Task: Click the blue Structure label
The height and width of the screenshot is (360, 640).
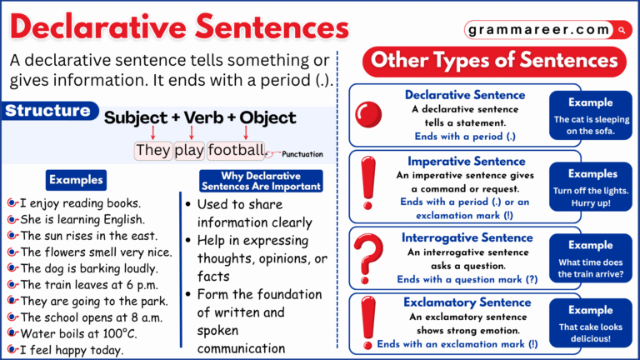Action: (48, 111)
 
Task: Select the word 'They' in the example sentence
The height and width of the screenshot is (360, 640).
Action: (153, 150)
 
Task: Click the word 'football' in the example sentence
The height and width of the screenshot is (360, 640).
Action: (236, 150)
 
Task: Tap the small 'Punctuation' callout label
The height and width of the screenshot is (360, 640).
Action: (302, 154)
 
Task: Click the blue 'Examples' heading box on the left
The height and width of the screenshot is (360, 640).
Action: (76, 179)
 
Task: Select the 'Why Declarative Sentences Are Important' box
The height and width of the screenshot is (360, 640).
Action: (261, 181)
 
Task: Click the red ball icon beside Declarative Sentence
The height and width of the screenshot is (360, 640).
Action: (368, 115)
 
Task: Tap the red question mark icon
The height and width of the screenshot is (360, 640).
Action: (368, 254)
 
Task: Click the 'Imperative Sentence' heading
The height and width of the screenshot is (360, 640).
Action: (466, 161)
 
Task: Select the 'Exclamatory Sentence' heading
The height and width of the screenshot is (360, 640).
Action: (466, 302)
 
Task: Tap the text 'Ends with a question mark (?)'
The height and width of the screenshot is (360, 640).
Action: (467, 280)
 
